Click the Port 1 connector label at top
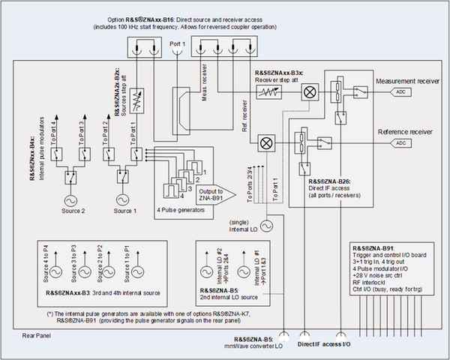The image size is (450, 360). tap(177, 43)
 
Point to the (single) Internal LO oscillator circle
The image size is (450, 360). tap(265, 224)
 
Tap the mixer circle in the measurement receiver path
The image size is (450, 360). tap(307, 91)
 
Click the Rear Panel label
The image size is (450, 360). tap(37, 335)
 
